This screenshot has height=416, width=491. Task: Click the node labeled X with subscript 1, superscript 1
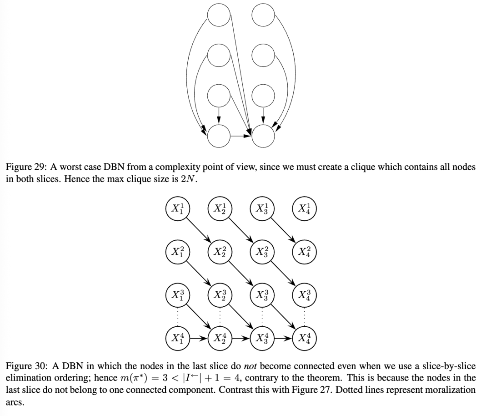pyautogui.click(x=178, y=209)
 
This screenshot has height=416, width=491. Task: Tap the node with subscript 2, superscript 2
pyautogui.click(x=220, y=251)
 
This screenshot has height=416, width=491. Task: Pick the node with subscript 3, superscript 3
pyautogui.click(x=262, y=294)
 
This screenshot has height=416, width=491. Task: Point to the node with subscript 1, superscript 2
pyautogui.click(x=178, y=251)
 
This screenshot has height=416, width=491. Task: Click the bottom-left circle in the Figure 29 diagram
pyautogui.click(x=219, y=135)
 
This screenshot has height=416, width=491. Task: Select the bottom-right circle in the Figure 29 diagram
pyautogui.click(x=263, y=135)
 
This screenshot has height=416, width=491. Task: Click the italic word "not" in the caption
pyautogui.click(x=251, y=366)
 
